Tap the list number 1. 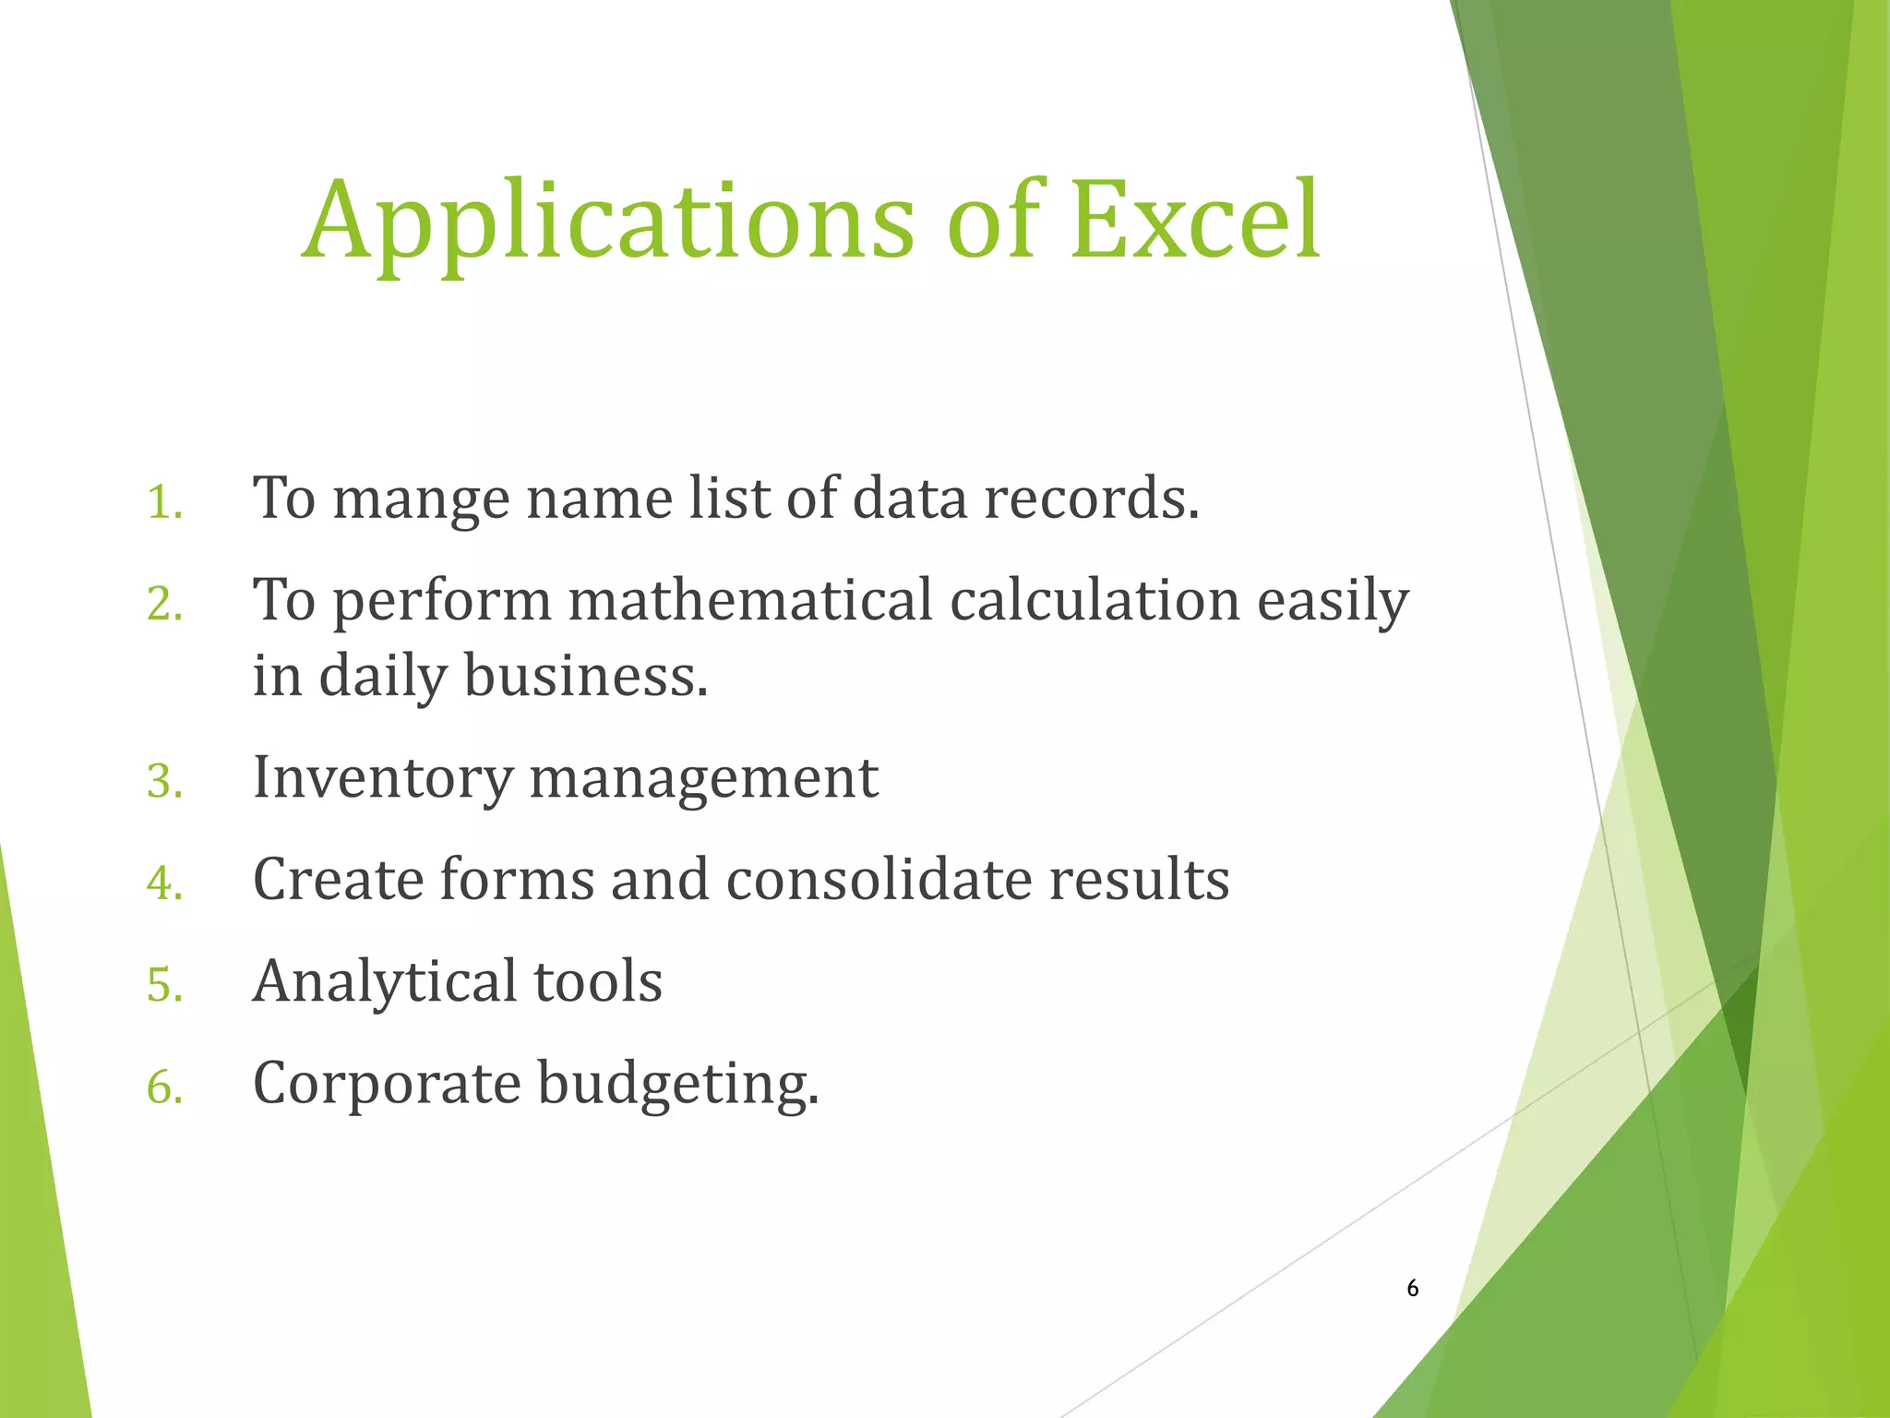pos(164,504)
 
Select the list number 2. pos(164,606)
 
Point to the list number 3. pos(164,782)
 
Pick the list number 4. pos(164,883)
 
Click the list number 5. pos(164,985)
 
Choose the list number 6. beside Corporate pos(164,1088)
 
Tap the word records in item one pos(1091,499)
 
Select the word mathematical pos(750,600)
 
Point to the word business pos(585,676)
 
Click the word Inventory pos(382,778)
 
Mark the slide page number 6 pos(1412,1289)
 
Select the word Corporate pos(387,1084)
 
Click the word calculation pos(1095,600)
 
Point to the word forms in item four pos(517,879)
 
